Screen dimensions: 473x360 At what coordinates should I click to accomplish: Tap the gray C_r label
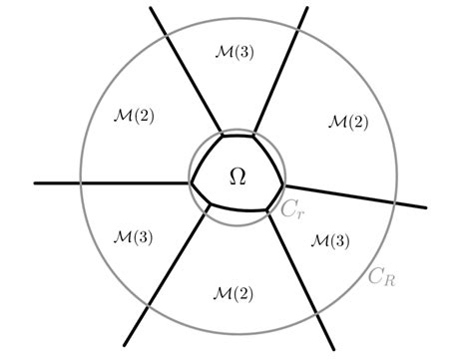click(x=291, y=209)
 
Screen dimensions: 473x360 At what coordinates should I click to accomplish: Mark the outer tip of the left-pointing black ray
click(x=35, y=183)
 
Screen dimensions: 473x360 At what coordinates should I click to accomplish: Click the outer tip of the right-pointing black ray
click(x=426, y=206)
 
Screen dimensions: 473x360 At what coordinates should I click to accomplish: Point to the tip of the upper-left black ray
click(x=150, y=8)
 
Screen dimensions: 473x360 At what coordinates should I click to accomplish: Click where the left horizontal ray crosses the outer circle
click(x=81, y=183)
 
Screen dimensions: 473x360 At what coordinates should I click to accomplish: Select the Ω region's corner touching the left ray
click(x=192, y=182)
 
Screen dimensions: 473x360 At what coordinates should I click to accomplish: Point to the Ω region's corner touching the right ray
click(x=284, y=185)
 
